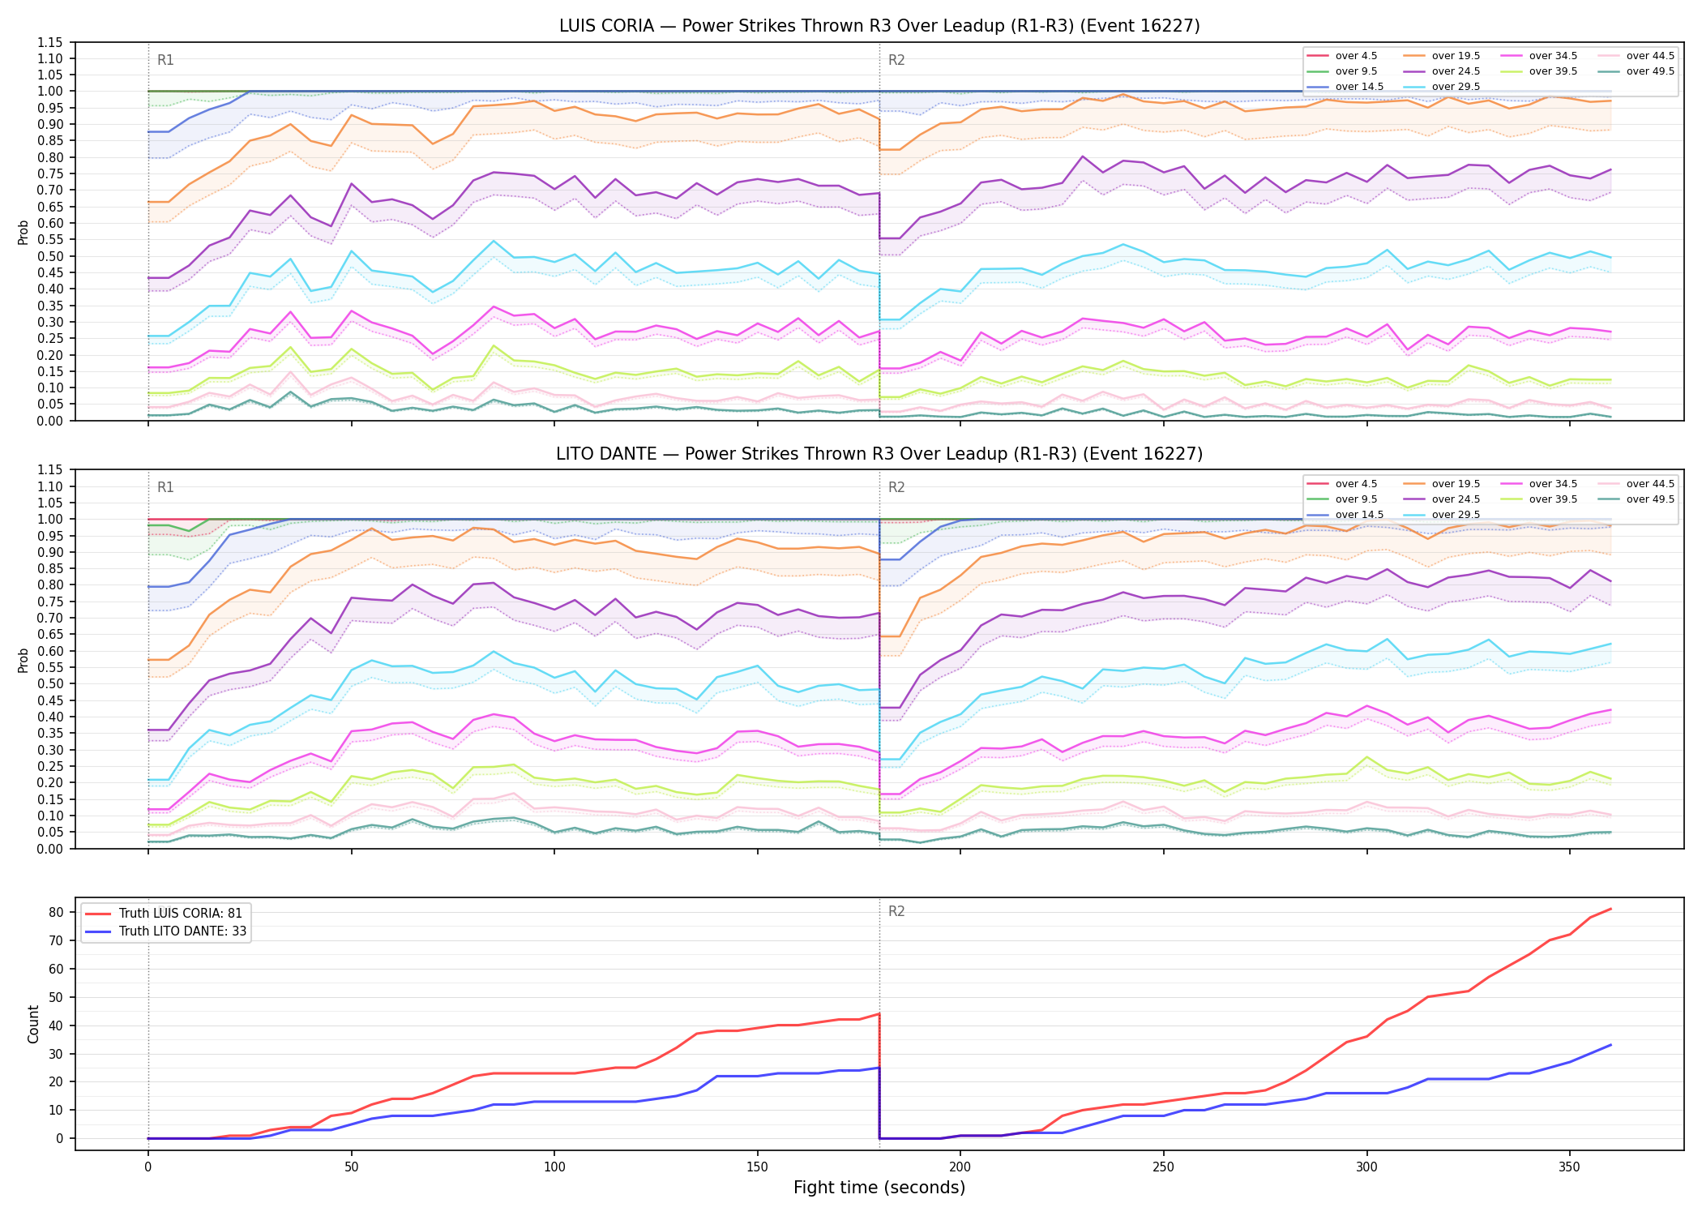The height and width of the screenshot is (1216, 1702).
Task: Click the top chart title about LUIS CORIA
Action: coord(879,26)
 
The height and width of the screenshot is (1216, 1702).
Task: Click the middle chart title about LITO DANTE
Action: coord(879,454)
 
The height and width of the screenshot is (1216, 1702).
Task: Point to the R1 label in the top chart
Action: coord(165,60)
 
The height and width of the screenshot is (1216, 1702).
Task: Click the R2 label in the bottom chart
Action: coord(896,911)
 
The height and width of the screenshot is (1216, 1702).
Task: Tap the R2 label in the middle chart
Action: coord(896,487)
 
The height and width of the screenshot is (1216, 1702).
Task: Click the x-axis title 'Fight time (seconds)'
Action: coord(879,1188)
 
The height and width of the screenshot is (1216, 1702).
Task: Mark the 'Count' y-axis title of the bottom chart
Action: coord(33,1024)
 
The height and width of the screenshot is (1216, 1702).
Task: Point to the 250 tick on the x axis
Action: coord(1163,1167)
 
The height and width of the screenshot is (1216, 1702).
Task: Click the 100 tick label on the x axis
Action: coord(554,1167)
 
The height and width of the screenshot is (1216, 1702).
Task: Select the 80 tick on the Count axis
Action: coord(56,912)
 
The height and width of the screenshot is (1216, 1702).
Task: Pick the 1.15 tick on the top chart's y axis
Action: coord(50,42)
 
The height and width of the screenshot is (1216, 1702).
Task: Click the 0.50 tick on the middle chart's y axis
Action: coord(50,684)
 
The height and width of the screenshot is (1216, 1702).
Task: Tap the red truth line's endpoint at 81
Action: coord(1610,909)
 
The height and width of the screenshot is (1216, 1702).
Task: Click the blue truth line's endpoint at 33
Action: coord(1610,1045)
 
